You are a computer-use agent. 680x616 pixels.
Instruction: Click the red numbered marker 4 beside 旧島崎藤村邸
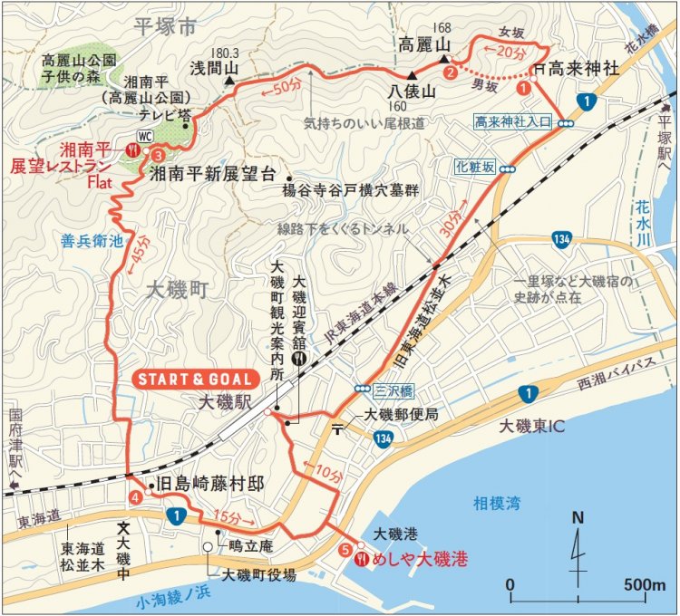(135, 497)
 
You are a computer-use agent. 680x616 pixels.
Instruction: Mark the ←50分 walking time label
(282, 87)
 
